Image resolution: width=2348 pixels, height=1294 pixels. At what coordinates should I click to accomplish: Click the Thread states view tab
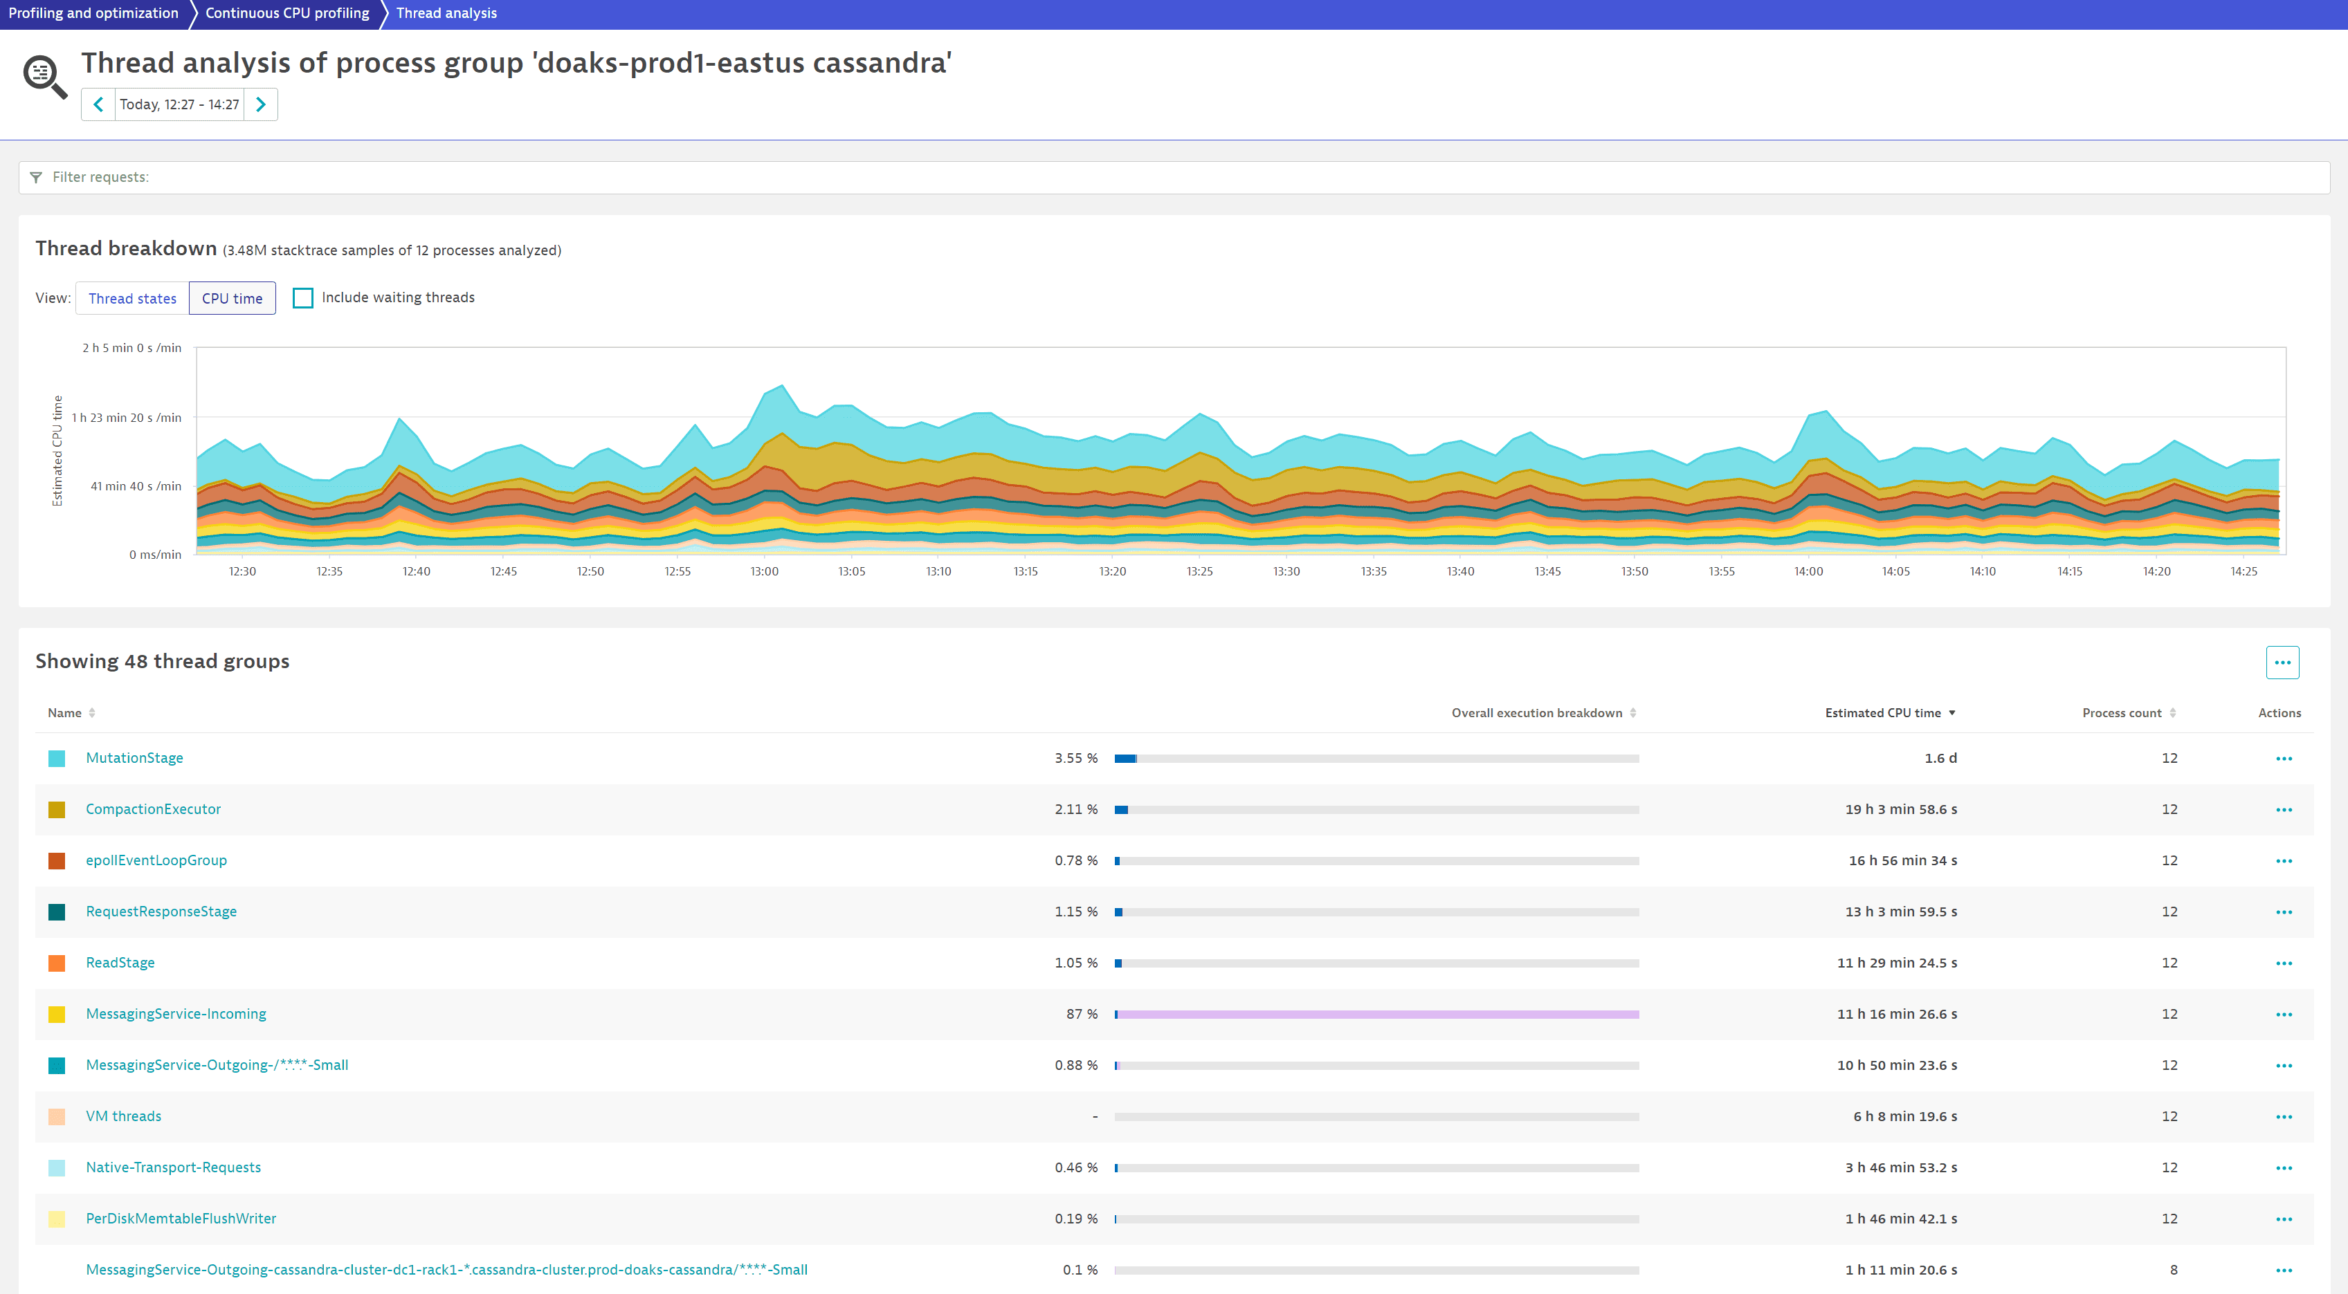coord(132,298)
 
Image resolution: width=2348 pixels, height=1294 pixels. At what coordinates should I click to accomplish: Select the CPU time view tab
coord(232,298)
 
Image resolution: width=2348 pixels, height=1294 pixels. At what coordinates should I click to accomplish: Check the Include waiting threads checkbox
coord(302,298)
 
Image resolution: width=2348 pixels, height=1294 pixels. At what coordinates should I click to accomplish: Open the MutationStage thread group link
coord(134,758)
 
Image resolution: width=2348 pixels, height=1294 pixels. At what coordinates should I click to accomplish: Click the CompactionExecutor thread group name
coord(153,809)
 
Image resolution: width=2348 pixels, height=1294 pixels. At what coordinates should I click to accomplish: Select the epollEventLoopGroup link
coord(156,860)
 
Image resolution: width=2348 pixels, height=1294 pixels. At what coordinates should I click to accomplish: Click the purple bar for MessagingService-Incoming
coord(1376,1014)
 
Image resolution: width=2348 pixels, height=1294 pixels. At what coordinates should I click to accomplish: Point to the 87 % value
coord(1081,1014)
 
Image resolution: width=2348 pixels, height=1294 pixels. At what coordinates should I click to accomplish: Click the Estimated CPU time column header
coord(1883,712)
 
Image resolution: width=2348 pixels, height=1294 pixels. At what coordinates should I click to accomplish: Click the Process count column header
coord(2122,712)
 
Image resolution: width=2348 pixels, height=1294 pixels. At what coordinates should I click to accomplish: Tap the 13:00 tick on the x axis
coord(764,571)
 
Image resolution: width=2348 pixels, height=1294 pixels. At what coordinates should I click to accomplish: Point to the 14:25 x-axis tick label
coord(2244,571)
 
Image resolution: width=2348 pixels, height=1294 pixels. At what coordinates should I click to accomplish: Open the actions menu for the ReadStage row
coord(2283,963)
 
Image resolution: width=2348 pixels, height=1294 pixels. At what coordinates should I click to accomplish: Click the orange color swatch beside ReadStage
coord(57,963)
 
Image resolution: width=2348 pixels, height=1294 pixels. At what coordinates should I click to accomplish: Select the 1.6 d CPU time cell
coord(1940,758)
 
